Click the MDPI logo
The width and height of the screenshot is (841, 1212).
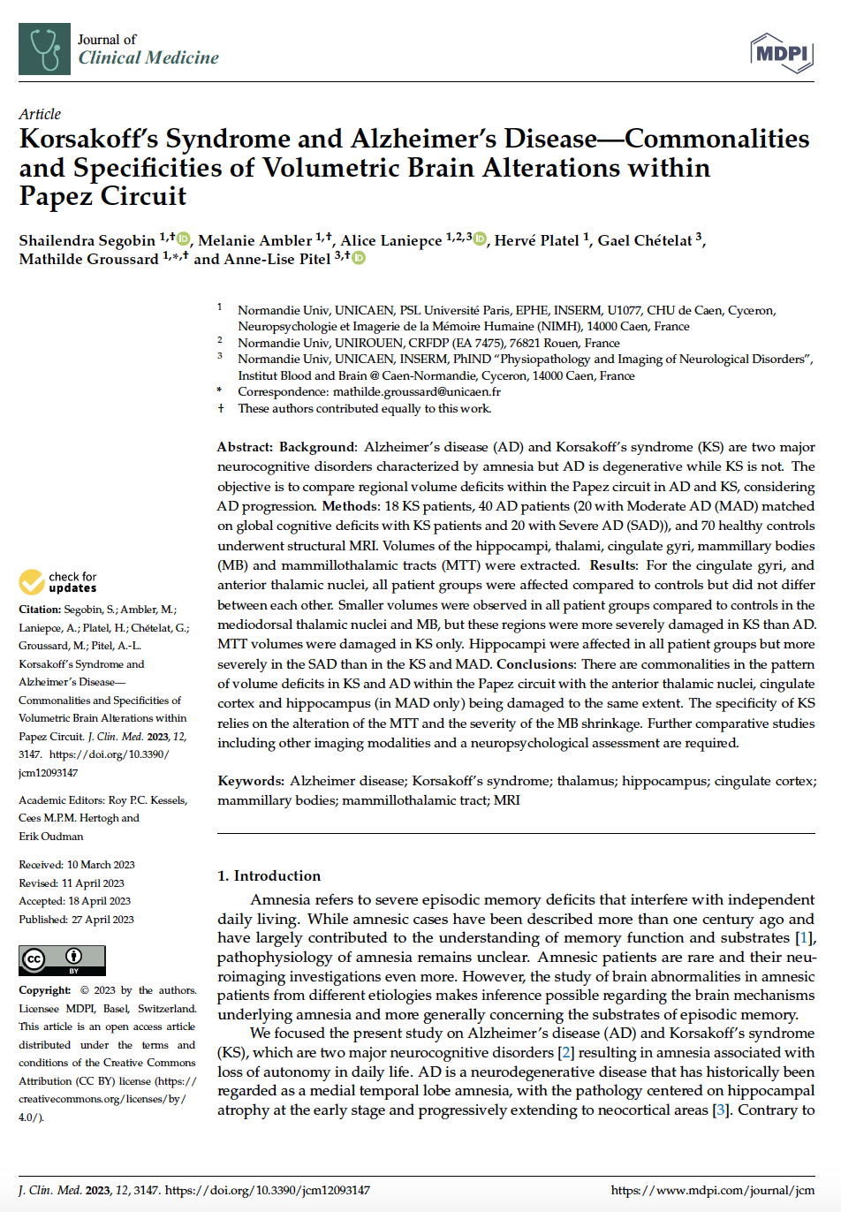(781, 54)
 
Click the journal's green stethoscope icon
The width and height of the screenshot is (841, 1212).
(44, 49)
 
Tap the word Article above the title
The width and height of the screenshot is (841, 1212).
(40, 114)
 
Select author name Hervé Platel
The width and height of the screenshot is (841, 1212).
(536, 240)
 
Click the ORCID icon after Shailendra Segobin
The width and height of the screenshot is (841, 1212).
(183, 239)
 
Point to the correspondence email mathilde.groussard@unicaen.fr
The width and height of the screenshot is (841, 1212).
(416, 391)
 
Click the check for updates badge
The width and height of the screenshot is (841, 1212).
(58, 582)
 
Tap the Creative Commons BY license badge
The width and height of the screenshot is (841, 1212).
(62, 960)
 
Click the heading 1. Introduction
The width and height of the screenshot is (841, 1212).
(269, 875)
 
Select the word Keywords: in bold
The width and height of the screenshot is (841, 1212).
(251, 781)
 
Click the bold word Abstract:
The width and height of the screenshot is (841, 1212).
(245, 447)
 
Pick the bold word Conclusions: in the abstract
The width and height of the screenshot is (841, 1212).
(535, 663)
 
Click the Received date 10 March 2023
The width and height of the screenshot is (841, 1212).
(101, 865)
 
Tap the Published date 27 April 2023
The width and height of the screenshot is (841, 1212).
(102, 920)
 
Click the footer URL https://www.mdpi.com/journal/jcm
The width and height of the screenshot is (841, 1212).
(712, 1190)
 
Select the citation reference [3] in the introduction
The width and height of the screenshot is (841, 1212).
(720, 1110)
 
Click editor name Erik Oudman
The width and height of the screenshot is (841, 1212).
(51, 837)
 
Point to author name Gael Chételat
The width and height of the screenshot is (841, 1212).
(645, 240)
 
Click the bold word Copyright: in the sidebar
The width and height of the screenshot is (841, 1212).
(45, 990)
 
